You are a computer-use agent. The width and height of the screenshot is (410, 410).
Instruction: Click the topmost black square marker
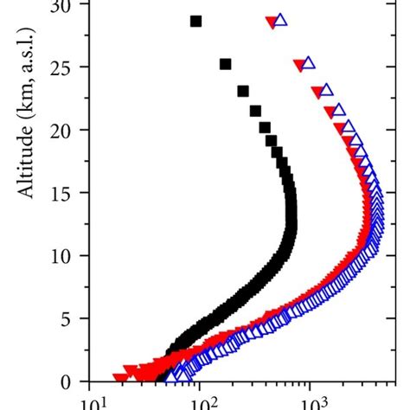(x=196, y=21)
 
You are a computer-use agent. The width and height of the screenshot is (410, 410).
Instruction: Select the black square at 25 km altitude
(x=226, y=64)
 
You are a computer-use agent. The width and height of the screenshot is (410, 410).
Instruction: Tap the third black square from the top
(x=243, y=91)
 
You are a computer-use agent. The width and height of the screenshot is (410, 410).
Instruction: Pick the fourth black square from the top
(x=255, y=110)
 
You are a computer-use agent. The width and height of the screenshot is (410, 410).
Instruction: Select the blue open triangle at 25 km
(x=308, y=63)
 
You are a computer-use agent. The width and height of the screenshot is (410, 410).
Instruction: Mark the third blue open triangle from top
(x=326, y=90)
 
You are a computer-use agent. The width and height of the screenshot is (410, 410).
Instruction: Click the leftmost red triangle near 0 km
(x=119, y=377)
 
